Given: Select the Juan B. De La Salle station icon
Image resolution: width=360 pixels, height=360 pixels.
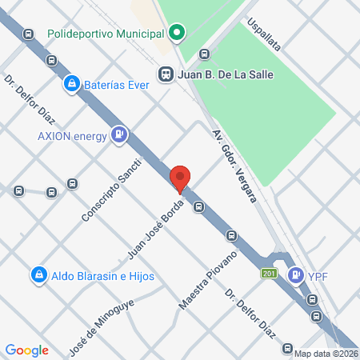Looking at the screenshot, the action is click(x=166, y=74).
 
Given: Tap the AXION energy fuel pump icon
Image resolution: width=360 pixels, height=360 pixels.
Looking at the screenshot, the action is click(x=119, y=135).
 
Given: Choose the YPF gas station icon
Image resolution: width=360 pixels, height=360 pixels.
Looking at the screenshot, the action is click(x=296, y=275).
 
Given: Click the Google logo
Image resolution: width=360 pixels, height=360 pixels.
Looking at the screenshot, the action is click(x=26, y=350).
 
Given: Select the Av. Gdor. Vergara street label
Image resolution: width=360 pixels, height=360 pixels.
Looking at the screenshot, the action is click(x=234, y=165).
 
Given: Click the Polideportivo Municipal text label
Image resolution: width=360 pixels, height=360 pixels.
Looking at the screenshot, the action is click(x=105, y=34).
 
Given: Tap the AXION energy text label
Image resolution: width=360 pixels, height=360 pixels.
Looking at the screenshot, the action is click(x=72, y=135).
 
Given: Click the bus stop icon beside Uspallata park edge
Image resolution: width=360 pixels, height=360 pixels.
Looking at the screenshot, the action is click(x=204, y=54).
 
